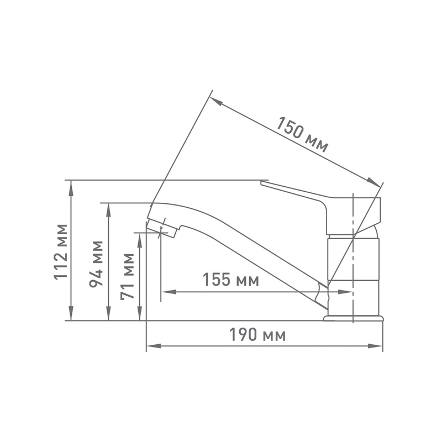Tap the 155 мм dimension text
click(x=230, y=280)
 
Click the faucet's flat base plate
click(x=353, y=318)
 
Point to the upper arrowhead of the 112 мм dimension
click(x=71, y=185)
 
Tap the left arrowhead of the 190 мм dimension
click(x=150, y=347)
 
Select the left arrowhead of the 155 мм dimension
click(x=165, y=292)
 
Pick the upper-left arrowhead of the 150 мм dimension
click(x=216, y=101)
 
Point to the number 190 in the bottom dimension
click(x=245, y=335)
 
